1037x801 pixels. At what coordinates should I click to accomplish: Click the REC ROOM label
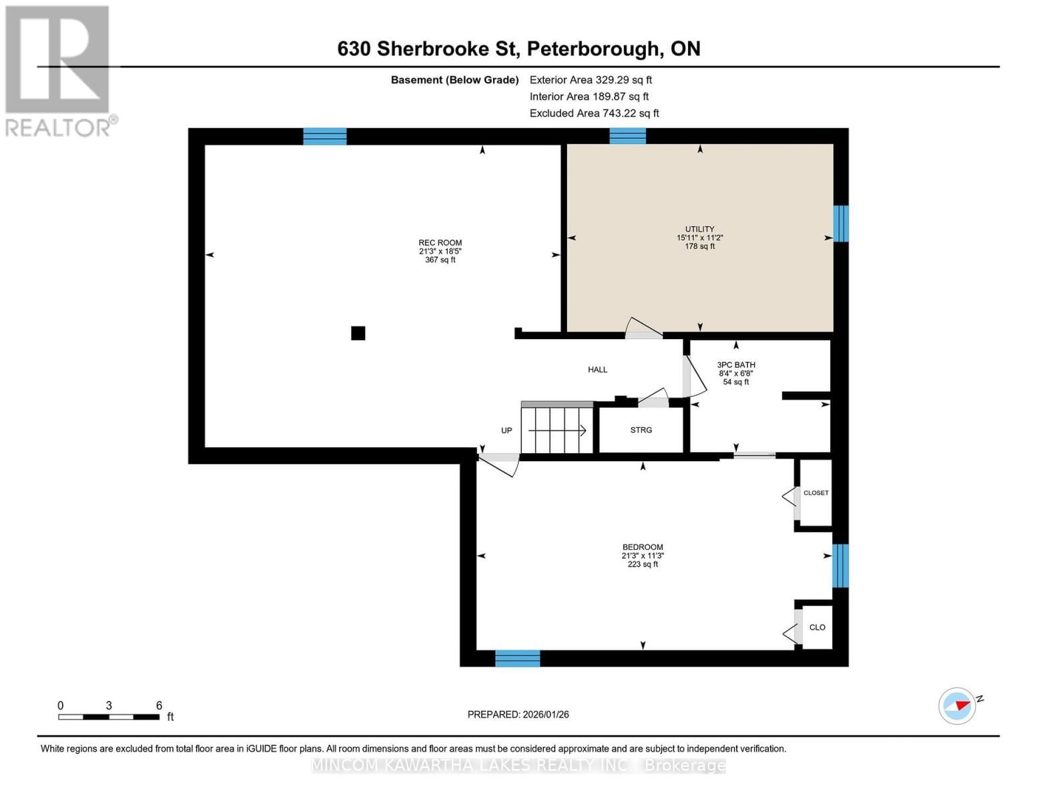click(x=440, y=243)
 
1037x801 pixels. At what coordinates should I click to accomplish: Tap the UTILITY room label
click(x=699, y=229)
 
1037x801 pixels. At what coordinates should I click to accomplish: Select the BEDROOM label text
click(x=643, y=547)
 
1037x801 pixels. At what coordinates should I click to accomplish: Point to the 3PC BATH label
click(x=736, y=365)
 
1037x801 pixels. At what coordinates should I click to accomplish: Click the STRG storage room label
click(x=641, y=430)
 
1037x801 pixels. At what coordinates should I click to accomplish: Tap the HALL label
click(x=597, y=370)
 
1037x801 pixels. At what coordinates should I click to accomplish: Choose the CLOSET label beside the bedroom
click(x=815, y=493)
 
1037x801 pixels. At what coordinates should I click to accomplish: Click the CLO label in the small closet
click(x=817, y=627)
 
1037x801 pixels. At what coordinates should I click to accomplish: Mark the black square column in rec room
click(x=358, y=333)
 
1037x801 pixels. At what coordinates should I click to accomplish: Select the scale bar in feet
click(x=109, y=717)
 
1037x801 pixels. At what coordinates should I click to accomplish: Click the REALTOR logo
click(x=59, y=71)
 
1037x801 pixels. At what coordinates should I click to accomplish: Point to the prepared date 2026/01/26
click(x=518, y=714)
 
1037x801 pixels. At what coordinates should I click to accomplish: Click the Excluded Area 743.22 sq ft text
click(x=594, y=113)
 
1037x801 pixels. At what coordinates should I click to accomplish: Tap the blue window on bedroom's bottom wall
click(x=517, y=658)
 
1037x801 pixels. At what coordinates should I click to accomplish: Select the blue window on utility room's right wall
click(x=841, y=224)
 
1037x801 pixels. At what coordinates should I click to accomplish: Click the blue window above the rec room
click(x=325, y=136)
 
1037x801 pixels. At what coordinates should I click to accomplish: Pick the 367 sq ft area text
click(x=440, y=260)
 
